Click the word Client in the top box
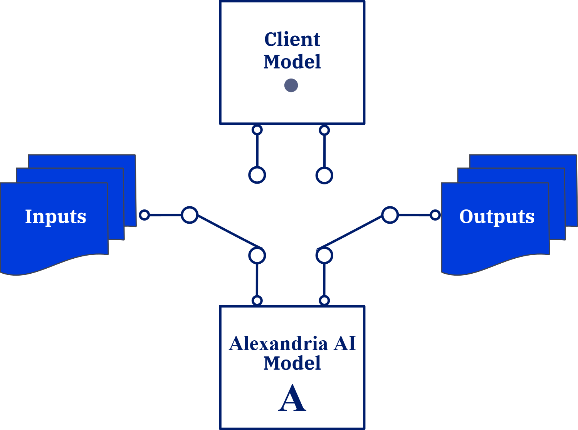(292, 39)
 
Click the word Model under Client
(292, 62)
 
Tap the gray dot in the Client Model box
(291, 85)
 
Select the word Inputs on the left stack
(55, 216)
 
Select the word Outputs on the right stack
(497, 216)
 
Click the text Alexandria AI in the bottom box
(292, 343)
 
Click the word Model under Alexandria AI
(292, 363)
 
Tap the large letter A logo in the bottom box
(292, 398)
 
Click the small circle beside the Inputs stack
(144, 215)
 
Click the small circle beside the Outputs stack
(435, 215)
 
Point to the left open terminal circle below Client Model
(257, 175)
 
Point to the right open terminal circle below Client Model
(324, 175)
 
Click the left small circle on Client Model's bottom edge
(257, 130)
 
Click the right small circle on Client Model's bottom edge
(324, 130)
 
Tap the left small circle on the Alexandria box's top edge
(257, 300)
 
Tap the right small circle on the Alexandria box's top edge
(324, 300)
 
